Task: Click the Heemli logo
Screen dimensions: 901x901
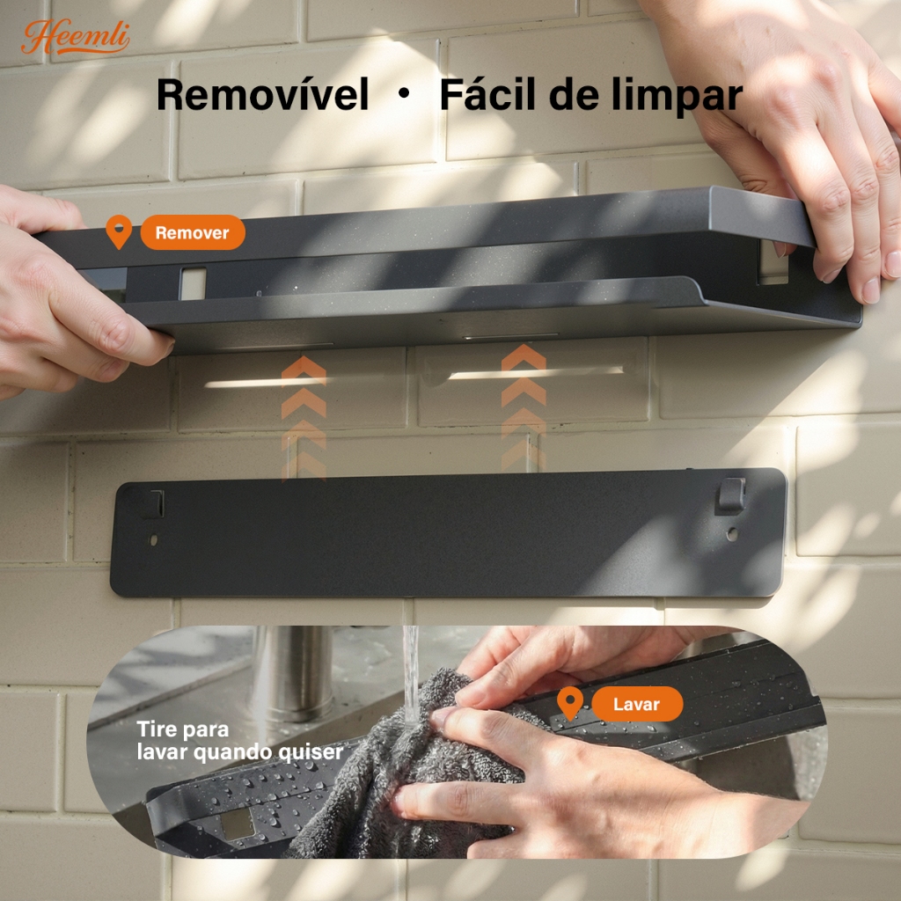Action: point(76,37)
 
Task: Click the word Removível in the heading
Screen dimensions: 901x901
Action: point(262,95)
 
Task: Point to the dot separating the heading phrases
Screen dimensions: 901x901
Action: point(404,93)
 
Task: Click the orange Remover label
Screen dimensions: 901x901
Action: point(193,232)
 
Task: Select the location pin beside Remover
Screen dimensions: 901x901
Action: point(119,231)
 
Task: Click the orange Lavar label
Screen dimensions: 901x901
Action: point(637,704)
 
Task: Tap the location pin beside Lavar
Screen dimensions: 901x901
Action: point(570,703)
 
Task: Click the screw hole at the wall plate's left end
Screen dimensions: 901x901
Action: point(153,540)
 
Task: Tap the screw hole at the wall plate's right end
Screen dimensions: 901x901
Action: point(732,534)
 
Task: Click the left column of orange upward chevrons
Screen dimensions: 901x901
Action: point(304,418)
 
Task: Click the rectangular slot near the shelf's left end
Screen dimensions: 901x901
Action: point(193,283)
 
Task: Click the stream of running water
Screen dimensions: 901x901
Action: point(411,673)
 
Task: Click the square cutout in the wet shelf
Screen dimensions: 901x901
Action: point(238,824)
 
